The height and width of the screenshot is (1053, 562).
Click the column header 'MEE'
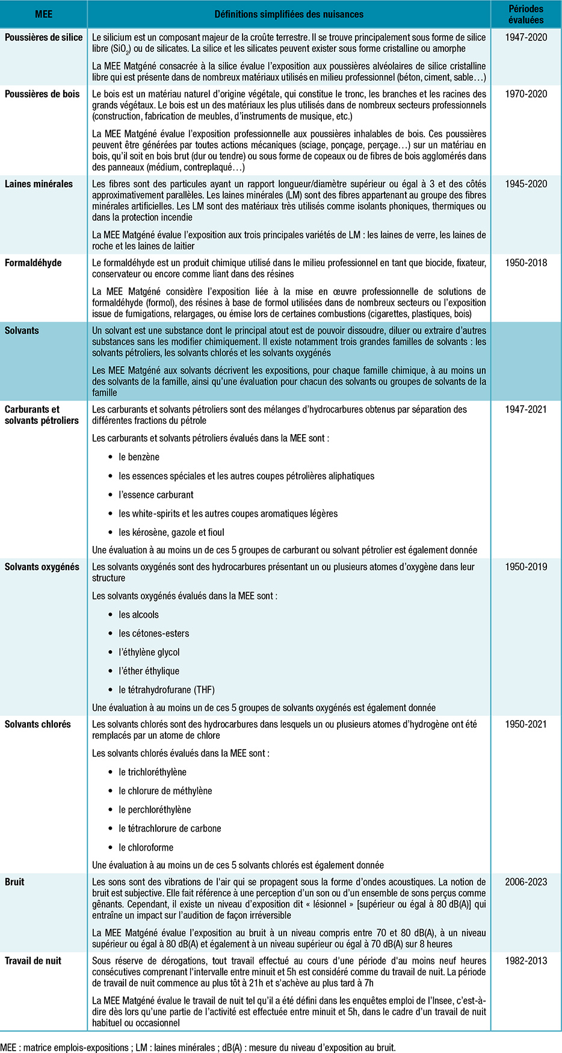(44, 14)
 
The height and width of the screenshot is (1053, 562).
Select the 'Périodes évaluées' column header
(526, 14)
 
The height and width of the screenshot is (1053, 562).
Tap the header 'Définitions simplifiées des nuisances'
(289, 14)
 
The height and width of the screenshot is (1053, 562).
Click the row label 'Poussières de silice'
(44, 37)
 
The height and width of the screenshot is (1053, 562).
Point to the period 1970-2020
(526, 94)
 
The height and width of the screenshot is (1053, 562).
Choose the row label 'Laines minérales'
(39, 184)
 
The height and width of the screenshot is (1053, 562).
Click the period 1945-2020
(526, 184)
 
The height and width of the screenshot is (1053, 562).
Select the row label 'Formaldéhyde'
(33, 263)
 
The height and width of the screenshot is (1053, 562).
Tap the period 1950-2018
(526, 263)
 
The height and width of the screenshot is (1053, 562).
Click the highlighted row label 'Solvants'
(22, 331)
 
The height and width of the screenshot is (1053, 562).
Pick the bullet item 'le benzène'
(139, 457)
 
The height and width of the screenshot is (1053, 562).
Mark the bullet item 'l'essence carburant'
(156, 495)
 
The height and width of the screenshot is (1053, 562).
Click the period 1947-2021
(526, 409)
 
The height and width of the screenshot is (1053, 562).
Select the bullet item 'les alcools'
(138, 615)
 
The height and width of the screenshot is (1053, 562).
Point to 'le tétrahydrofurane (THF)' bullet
(167, 690)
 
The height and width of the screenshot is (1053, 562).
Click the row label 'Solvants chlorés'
(38, 724)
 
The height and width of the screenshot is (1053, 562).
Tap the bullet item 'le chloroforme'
(146, 848)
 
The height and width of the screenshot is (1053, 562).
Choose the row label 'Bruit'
(15, 882)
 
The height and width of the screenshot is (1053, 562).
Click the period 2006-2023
(526, 882)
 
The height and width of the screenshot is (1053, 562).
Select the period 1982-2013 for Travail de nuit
(526, 961)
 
